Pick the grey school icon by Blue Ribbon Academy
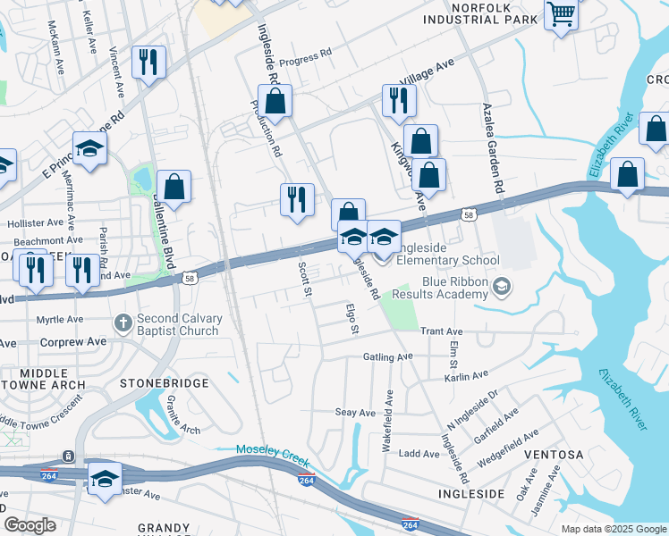501,286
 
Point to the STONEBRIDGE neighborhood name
164,383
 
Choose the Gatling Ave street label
387,356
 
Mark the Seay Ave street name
355,413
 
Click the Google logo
30,525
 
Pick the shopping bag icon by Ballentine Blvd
176,186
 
